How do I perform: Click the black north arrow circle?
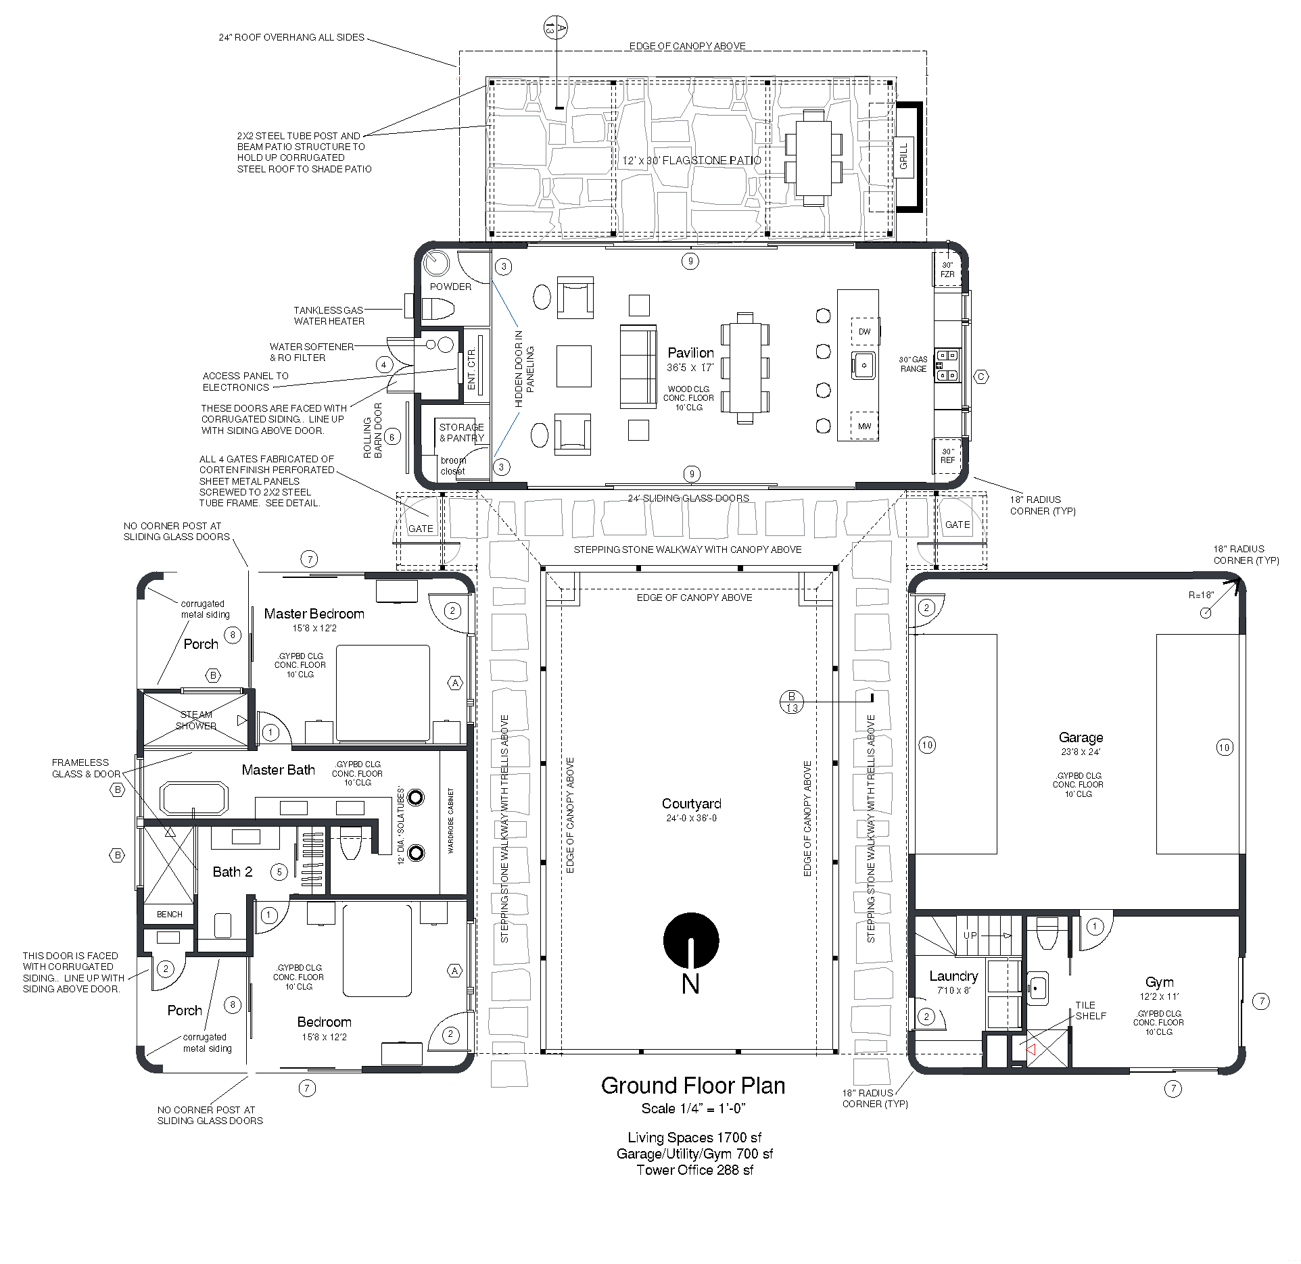tap(690, 940)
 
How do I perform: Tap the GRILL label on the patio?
tap(904, 157)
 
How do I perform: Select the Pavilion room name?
tap(690, 353)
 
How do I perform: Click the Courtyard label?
tap(691, 804)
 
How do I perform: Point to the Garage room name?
tap(1081, 737)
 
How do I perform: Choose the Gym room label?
tap(1159, 982)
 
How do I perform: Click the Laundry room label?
tap(953, 976)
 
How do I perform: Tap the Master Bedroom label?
tap(314, 614)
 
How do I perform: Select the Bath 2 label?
tap(233, 872)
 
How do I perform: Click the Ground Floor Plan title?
tap(693, 1086)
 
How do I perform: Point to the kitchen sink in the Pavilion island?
tap(863, 366)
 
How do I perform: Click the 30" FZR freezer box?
tap(947, 270)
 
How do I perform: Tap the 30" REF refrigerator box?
tap(947, 456)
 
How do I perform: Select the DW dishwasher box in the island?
tap(864, 332)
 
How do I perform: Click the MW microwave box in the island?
tap(864, 427)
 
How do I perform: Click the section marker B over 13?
tap(792, 702)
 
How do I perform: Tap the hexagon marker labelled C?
tap(980, 376)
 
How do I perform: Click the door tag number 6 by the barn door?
tap(392, 438)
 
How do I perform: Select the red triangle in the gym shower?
tap(1031, 1050)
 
